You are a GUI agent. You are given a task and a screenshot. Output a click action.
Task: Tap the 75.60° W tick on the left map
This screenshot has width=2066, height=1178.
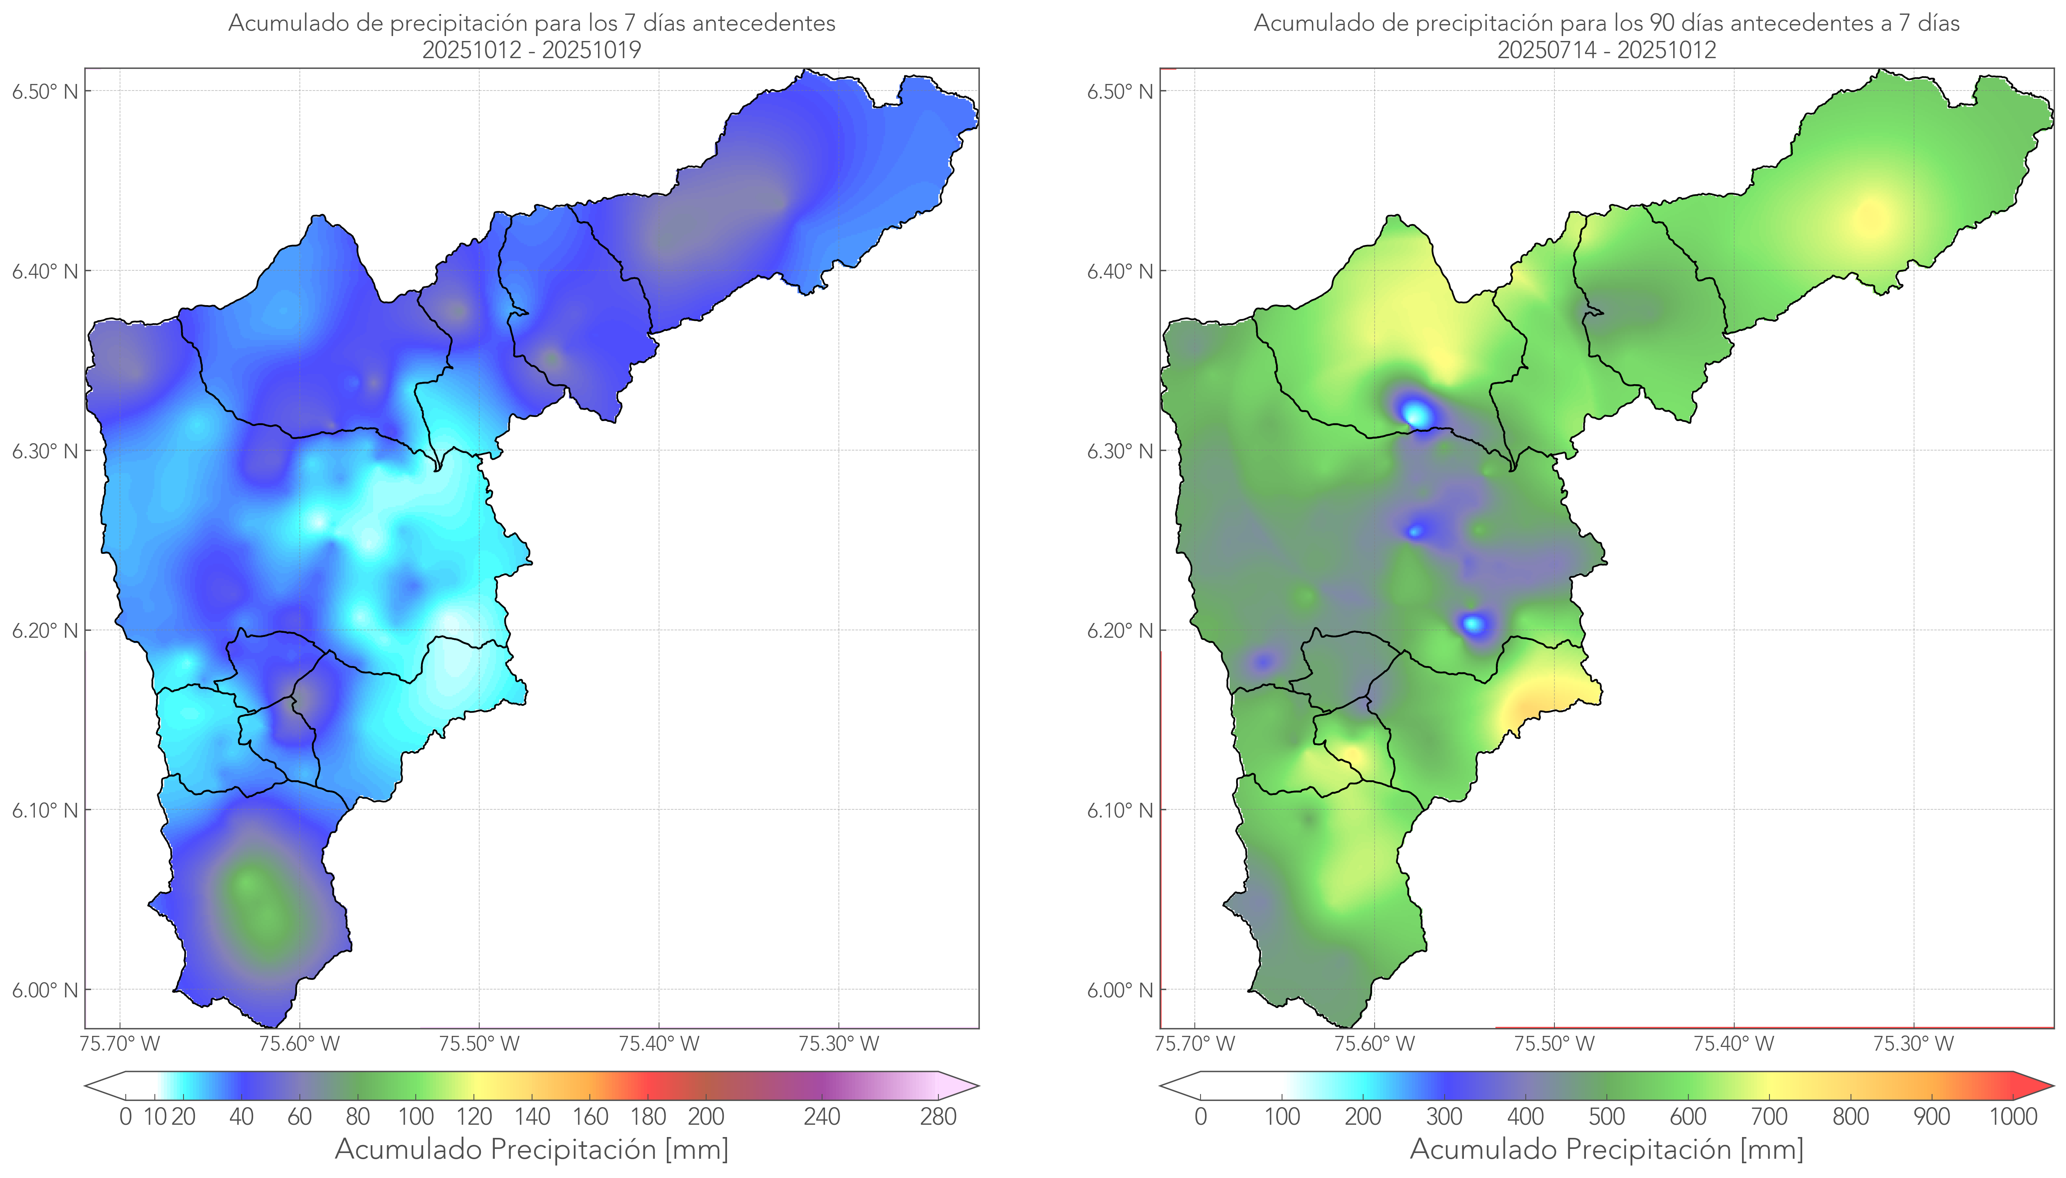click(299, 1044)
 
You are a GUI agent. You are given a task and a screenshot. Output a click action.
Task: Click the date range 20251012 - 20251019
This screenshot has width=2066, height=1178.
click(532, 50)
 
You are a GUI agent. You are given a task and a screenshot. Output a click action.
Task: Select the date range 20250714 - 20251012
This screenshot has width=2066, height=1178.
click(1606, 50)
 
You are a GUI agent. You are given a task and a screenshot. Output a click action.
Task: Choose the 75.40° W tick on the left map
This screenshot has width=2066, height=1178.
click(659, 1044)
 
